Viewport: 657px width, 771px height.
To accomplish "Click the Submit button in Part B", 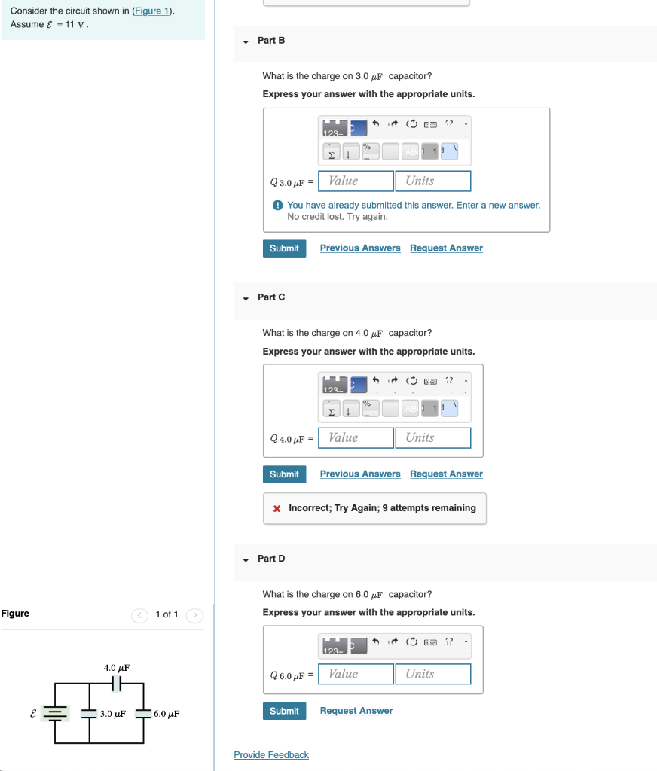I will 284,248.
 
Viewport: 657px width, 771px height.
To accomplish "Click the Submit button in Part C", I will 284,474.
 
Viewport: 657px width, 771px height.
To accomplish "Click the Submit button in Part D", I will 284,711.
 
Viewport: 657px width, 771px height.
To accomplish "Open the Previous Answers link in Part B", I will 360,248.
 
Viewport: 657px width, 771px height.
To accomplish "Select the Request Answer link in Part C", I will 446,474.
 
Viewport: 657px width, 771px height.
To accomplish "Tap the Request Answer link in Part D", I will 356,711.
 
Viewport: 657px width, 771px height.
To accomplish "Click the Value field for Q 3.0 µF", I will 356,181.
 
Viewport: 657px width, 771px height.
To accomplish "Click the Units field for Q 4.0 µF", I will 432,437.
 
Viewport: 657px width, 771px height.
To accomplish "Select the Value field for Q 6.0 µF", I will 356,674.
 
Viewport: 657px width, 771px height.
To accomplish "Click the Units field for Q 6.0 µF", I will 432,674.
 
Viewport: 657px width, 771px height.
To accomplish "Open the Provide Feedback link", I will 271,755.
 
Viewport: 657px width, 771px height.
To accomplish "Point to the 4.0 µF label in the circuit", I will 117,668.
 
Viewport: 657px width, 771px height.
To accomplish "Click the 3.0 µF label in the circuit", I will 112,714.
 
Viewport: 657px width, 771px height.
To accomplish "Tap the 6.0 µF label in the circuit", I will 166,714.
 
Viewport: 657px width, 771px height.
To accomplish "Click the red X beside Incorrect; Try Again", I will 277,508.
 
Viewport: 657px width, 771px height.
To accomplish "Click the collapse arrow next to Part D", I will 246,559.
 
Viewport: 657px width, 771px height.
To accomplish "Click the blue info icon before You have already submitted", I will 277,205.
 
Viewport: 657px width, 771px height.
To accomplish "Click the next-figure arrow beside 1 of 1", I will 194,615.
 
